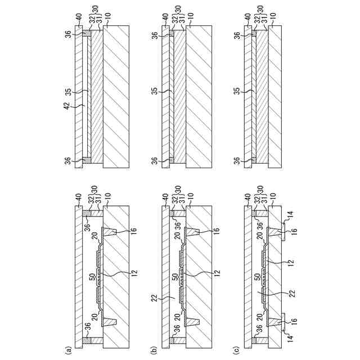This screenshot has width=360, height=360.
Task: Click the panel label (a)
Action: tap(69, 350)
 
